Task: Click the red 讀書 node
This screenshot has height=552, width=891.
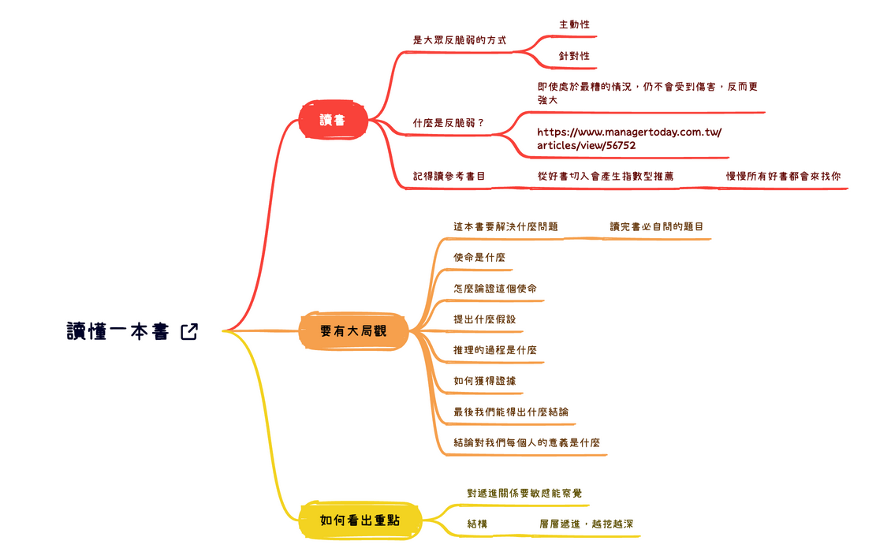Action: point(333,121)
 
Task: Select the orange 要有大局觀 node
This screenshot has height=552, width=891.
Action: point(354,331)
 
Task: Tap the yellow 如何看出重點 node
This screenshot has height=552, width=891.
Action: point(360,520)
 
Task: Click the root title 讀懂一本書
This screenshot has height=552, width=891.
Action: point(118,332)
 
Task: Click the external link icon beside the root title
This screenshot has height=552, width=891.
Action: point(189,332)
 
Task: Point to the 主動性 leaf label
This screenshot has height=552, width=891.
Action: point(574,24)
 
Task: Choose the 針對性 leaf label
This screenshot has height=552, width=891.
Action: point(574,56)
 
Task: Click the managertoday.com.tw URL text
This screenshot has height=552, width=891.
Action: point(628,139)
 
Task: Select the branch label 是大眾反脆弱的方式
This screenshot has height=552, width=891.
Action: point(460,39)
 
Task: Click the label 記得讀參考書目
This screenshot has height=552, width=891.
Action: point(449,176)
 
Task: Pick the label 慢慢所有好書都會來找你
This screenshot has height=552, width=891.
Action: point(783,176)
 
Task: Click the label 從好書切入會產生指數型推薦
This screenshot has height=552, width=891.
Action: point(606,176)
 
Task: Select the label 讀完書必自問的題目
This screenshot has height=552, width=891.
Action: point(657,226)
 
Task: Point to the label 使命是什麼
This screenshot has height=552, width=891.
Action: point(479,257)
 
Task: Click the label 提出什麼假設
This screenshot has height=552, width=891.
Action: point(485,319)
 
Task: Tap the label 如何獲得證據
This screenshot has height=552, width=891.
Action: point(485,381)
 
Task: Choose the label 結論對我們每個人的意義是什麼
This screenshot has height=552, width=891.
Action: point(527,442)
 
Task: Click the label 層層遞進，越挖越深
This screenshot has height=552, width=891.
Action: point(587,524)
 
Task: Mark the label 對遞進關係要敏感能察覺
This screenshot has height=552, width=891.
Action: point(524,494)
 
